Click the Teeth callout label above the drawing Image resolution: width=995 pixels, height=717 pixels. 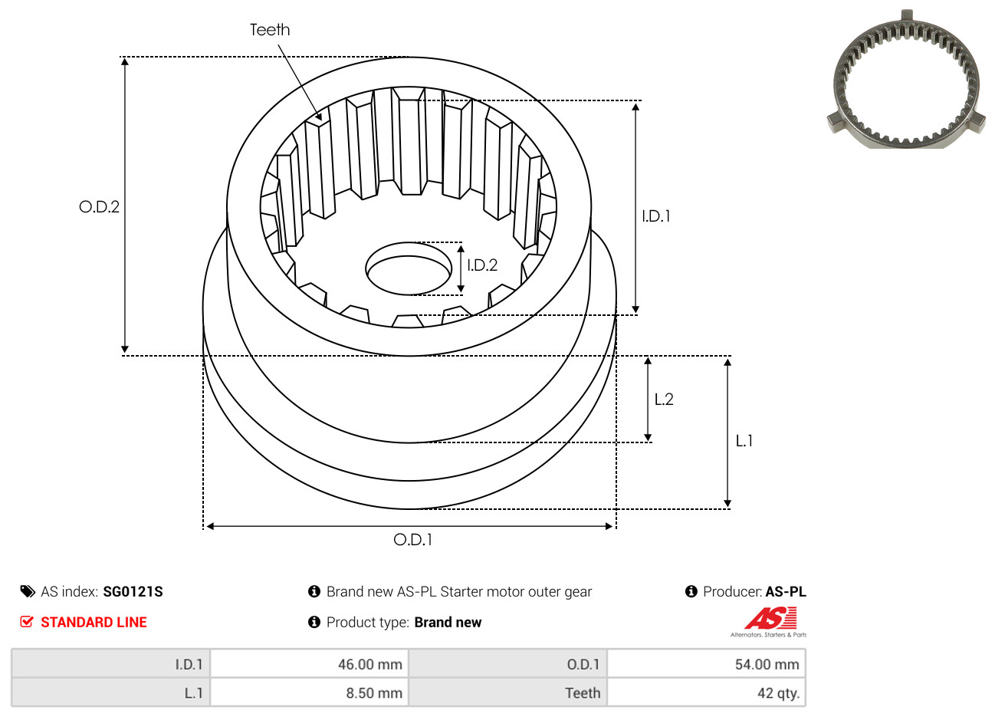(270, 30)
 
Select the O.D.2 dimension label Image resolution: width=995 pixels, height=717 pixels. (99, 206)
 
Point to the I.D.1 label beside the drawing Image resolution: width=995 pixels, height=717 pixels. (656, 216)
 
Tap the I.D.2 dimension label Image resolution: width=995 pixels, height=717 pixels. (482, 265)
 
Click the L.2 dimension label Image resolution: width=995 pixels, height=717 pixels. (664, 399)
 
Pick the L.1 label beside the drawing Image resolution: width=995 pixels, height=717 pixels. (744, 441)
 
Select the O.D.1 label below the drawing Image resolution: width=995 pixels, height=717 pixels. (412, 540)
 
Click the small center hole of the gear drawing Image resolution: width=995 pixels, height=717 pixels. (409, 268)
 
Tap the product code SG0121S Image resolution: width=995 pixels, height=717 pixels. (133, 592)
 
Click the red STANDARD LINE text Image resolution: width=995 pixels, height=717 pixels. (94, 622)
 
